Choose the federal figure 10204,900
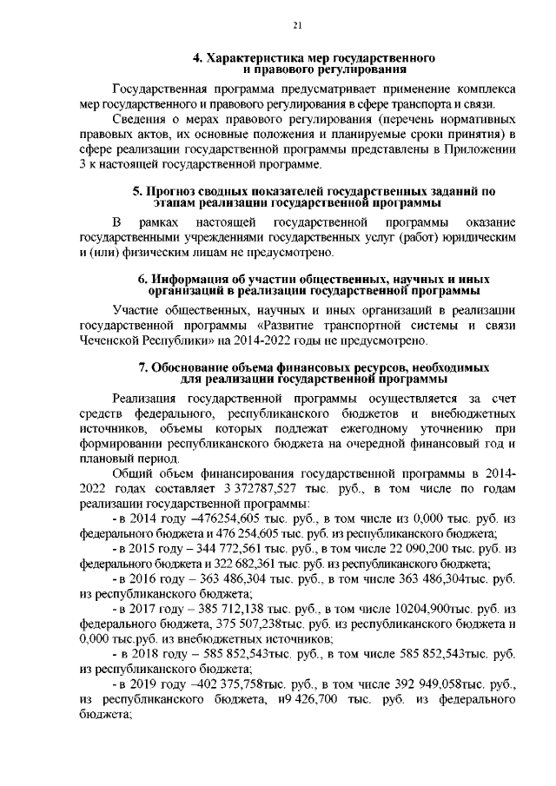[x=399, y=608]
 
